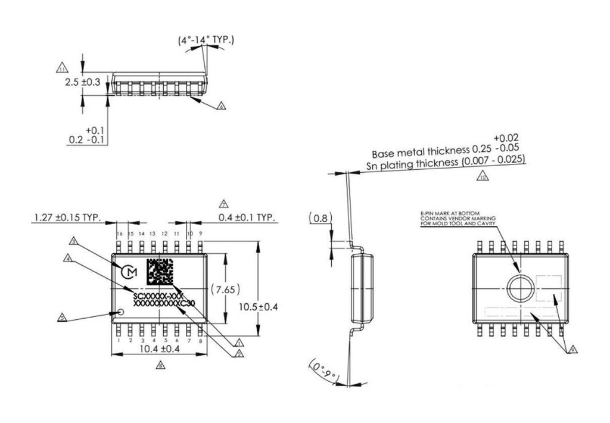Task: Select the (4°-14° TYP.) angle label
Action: pos(206,41)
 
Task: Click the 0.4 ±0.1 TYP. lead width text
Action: pos(247,217)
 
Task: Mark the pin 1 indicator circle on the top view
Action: pos(122,312)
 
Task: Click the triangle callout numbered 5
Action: pos(61,318)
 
